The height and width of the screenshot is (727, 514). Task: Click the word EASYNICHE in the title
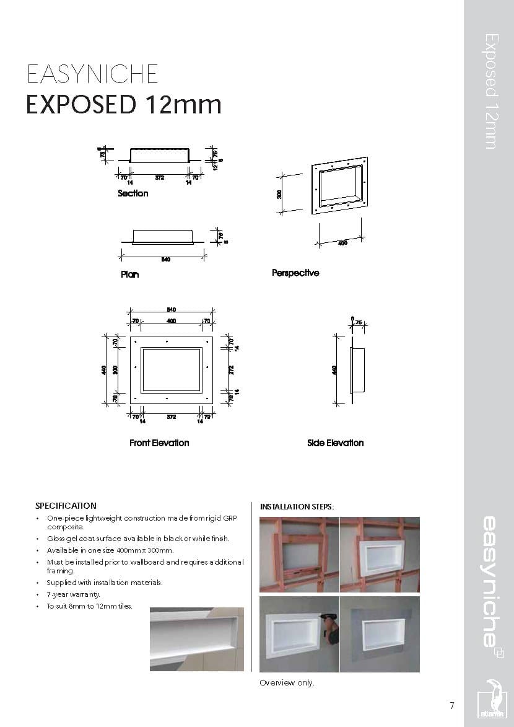(92, 74)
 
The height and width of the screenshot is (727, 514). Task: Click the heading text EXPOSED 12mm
(123, 104)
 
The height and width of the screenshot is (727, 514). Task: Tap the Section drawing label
(133, 193)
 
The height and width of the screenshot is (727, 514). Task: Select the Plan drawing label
(129, 275)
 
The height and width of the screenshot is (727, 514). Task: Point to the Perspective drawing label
(295, 273)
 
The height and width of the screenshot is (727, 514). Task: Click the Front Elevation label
(159, 443)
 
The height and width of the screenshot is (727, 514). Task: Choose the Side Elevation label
(335, 443)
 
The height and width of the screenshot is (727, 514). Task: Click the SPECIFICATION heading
(66, 506)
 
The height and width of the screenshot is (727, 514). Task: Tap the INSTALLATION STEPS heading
(297, 506)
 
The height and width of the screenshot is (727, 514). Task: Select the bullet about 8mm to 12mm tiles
(89, 606)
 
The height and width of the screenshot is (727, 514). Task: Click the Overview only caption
(287, 682)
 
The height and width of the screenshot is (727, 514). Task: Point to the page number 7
(452, 705)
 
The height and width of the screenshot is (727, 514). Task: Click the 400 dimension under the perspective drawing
(342, 243)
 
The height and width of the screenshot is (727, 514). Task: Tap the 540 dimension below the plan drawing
(165, 259)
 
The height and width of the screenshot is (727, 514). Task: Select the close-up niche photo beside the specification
(197, 638)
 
